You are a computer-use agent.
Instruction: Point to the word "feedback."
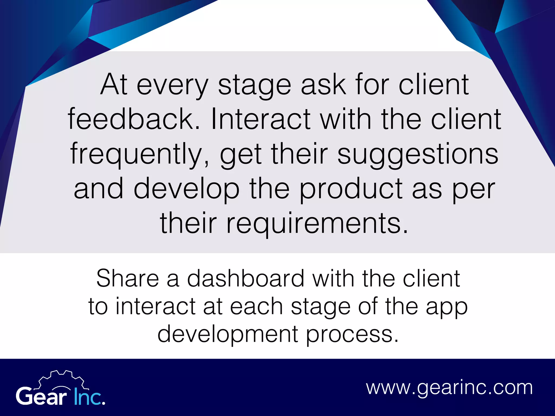(134, 119)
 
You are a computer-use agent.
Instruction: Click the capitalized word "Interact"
(260, 119)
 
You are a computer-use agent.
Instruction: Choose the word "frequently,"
(140, 154)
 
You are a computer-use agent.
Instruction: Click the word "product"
(351, 189)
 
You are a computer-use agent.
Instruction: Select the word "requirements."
(317, 224)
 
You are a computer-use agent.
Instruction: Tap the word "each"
(256, 307)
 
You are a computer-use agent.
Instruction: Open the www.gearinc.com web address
(449, 388)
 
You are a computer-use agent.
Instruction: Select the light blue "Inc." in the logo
(89, 396)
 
